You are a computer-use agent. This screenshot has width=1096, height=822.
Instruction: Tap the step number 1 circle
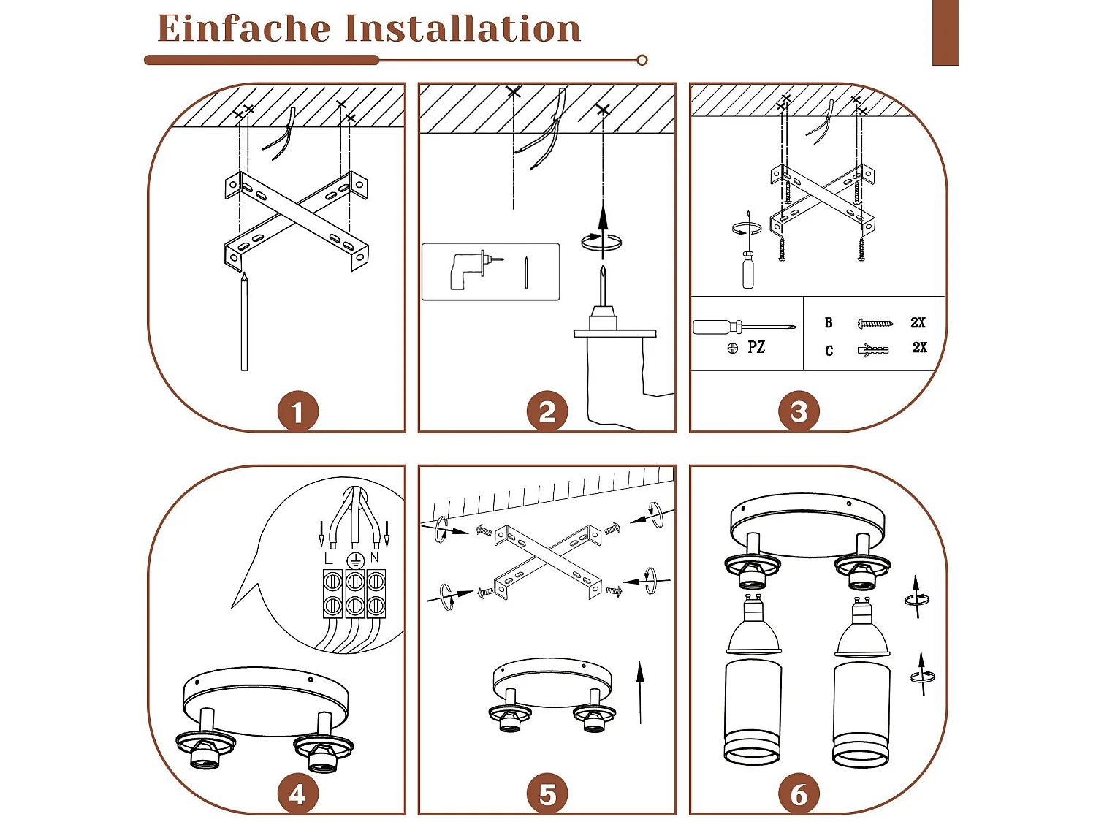[297, 411]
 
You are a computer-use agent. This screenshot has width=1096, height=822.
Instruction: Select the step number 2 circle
[547, 411]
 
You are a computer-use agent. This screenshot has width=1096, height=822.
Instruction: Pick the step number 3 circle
[799, 411]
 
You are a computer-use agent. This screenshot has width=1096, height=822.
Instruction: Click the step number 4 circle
[297, 794]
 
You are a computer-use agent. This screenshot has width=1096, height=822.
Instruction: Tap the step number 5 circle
[547, 794]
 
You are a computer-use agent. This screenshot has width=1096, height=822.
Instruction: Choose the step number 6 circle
[799, 794]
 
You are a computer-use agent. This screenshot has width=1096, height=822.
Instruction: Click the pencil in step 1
[244, 321]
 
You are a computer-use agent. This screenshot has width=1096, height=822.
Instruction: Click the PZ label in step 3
[756, 347]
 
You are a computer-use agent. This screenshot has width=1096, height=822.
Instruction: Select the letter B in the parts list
[829, 322]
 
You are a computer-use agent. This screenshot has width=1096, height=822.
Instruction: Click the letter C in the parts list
[829, 351]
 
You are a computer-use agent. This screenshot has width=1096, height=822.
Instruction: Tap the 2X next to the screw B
[918, 322]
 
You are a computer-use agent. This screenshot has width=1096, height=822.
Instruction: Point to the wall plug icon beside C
[873, 351]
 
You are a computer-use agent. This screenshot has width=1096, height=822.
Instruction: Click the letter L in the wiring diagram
[328, 558]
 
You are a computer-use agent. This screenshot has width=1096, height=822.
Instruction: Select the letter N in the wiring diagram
[375, 557]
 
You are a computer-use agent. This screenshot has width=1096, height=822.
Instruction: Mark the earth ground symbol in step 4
[354, 561]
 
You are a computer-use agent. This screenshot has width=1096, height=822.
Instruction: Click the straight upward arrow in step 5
[640, 692]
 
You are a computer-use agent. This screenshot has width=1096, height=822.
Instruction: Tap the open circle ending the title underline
[642, 61]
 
